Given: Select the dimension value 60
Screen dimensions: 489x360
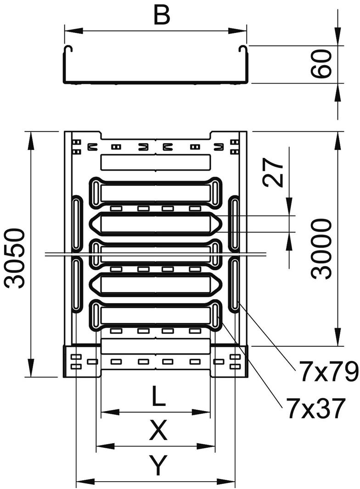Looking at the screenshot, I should (x=324, y=64).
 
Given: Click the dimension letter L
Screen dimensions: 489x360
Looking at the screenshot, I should (x=158, y=396).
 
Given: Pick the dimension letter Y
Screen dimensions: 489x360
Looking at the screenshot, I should (x=158, y=467).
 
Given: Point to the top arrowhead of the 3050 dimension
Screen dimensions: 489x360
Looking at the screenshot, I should (x=31, y=140).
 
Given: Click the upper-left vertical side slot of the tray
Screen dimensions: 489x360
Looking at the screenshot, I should (x=76, y=224).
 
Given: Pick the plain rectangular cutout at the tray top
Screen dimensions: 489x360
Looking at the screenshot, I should (x=156, y=162).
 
